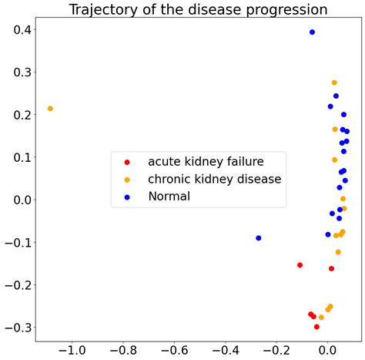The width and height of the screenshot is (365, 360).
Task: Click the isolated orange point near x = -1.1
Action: point(50,109)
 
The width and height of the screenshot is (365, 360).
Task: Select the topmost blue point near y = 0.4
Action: point(312,32)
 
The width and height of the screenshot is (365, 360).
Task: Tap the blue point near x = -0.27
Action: point(259,238)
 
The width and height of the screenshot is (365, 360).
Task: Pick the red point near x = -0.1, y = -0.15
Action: point(300,265)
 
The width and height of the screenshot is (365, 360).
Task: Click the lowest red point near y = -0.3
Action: point(316,327)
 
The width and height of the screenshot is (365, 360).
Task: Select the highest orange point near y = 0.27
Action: point(334,82)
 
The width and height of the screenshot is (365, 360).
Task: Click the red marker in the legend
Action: point(127,162)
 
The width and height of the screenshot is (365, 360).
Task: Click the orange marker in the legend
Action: point(127,180)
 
